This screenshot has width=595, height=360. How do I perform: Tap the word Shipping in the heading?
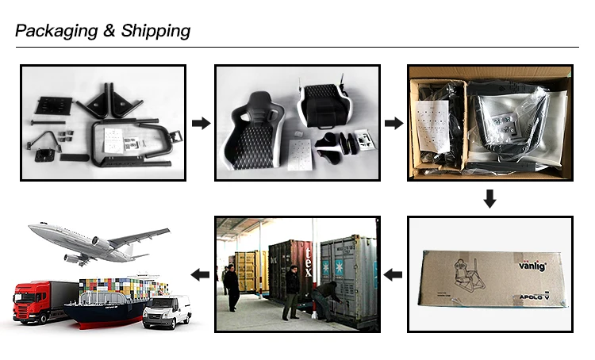click(x=156, y=31)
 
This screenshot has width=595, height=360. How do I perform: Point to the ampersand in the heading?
click(x=110, y=31)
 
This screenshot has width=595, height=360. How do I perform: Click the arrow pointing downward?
click(x=489, y=198)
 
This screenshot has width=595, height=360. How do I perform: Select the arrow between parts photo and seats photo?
click(x=201, y=123)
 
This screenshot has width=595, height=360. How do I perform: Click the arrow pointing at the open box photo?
click(x=393, y=123)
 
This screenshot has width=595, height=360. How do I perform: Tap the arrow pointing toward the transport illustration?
click(x=201, y=274)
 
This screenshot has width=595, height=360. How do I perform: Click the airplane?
click(x=95, y=241)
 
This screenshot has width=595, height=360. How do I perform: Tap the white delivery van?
click(x=167, y=310)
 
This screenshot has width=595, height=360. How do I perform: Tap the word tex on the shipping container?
click(x=308, y=256)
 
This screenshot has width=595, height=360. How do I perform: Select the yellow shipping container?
click(x=248, y=270)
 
